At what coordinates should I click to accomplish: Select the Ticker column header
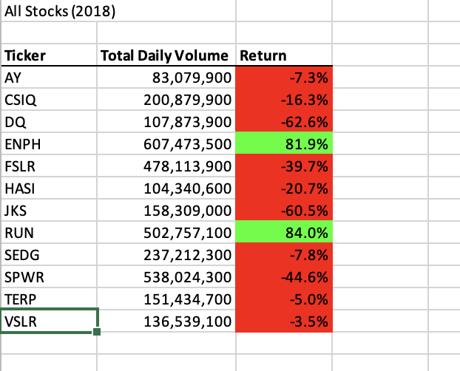[25, 55]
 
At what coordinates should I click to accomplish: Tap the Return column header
[263, 55]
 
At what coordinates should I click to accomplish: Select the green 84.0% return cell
[283, 234]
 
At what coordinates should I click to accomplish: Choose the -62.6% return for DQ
[283, 121]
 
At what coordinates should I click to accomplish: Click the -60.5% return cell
[283, 212]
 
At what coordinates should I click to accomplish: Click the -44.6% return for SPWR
[283, 278]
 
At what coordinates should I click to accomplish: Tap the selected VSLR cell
[48, 321]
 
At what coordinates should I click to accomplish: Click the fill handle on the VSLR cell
[98, 332]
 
